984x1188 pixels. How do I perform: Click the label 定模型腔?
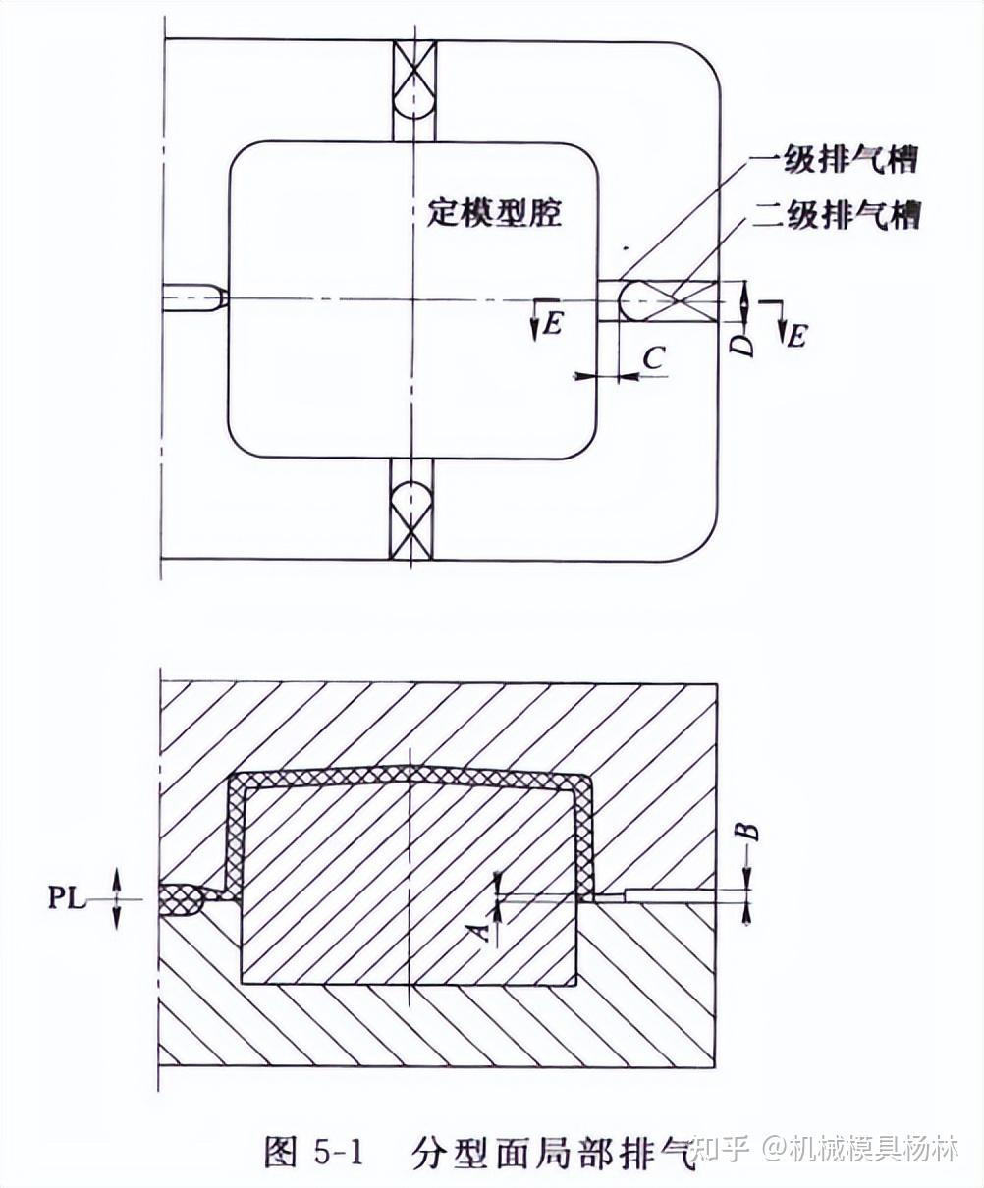click(495, 213)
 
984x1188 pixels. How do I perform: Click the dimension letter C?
click(653, 358)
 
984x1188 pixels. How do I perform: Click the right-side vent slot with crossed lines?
click(668, 299)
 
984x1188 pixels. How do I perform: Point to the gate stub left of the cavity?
click(195, 298)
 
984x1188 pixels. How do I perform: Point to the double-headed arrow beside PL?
click(117, 897)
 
